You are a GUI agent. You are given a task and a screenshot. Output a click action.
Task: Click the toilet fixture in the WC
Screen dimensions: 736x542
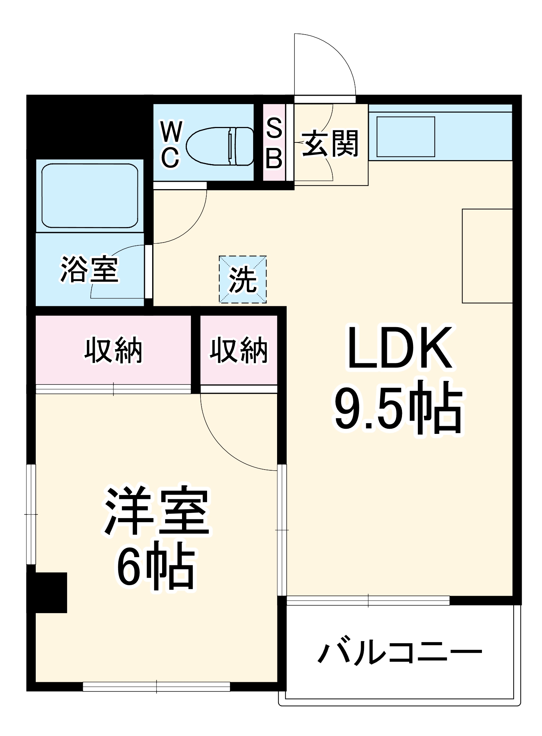[x=220, y=146]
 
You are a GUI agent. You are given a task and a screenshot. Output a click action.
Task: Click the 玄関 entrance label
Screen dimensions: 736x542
[x=330, y=144]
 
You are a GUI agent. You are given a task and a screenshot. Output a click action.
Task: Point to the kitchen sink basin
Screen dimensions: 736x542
[x=406, y=137]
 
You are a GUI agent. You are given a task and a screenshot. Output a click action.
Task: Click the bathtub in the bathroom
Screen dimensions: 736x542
[x=90, y=196]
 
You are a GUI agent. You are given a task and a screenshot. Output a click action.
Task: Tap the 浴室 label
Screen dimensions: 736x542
[x=90, y=269]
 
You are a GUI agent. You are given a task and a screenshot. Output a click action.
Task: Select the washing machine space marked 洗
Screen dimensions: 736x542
[x=243, y=280]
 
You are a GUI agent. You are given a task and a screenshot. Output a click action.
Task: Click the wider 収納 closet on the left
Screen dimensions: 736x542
[x=113, y=350]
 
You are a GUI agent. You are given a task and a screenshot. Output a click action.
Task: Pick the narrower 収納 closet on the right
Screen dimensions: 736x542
[x=239, y=350]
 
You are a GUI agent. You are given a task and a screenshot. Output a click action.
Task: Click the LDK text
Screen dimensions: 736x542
[x=400, y=348]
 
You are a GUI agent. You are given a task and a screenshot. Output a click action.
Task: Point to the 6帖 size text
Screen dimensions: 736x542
[x=156, y=569]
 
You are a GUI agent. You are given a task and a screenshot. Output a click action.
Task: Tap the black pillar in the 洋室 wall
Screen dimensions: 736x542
[x=47, y=592]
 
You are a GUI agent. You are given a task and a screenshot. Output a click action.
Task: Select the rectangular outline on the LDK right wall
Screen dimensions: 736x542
[x=487, y=256]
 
